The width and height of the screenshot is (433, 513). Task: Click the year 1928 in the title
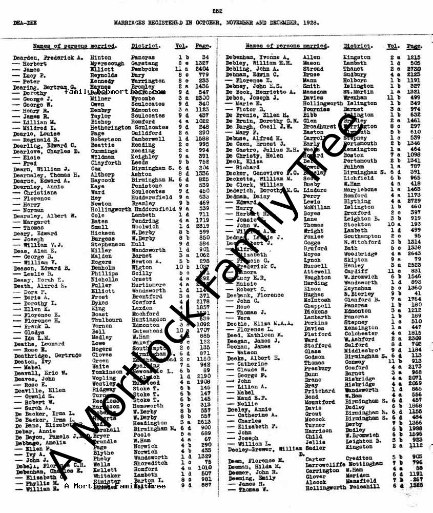pos(310,23)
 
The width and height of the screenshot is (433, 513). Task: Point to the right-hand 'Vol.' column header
pos(394,46)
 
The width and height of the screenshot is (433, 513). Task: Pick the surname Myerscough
pos(107,64)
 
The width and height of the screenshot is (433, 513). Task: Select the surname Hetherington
pos(110,127)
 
